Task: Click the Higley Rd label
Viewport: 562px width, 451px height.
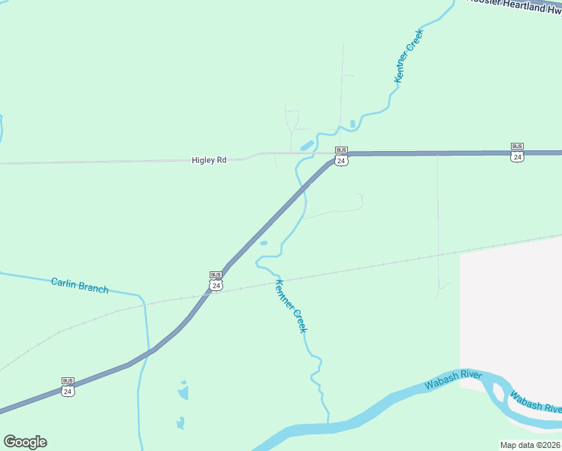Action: pyautogui.click(x=209, y=160)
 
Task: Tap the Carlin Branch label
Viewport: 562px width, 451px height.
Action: pyautogui.click(x=80, y=286)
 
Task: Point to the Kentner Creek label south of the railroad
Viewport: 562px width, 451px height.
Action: pyautogui.click(x=292, y=307)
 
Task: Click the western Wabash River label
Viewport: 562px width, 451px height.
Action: pyautogui.click(x=452, y=380)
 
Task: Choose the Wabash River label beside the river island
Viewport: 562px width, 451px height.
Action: pyautogui.click(x=536, y=401)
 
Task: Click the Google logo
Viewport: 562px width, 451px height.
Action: pyautogui.click(x=25, y=442)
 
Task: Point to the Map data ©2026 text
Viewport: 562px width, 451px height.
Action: pyautogui.click(x=530, y=445)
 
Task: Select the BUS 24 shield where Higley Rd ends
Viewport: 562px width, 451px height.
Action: pyautogui.click(x=341, y=156)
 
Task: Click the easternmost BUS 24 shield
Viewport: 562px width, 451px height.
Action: pyautogui.click(x=517, y=151)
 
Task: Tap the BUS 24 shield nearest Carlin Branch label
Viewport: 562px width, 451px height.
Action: pyautogui.click(x=216, y=280)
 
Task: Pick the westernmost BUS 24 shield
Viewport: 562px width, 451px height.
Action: pyautogui.click(x=68, y=386)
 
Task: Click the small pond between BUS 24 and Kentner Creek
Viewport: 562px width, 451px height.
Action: pyautogui.click(x=263, y=243)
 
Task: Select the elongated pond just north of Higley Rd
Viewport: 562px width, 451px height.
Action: pyautogui.click(x=307, y=145)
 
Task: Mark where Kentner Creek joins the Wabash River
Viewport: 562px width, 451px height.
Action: pyautogui.click(x=328, y=422)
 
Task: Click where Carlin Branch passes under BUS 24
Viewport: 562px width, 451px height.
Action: pyautogui.click(x=144, y=356)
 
